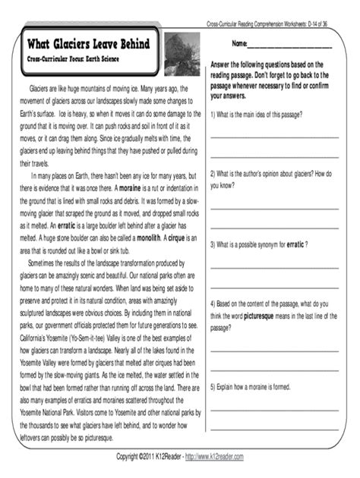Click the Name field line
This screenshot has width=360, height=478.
pyautogui.click(x=295, y=46)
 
